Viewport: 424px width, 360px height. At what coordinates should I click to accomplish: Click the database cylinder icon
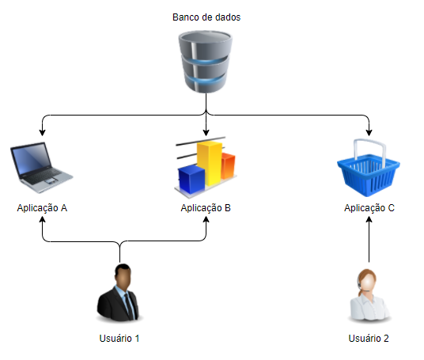206,62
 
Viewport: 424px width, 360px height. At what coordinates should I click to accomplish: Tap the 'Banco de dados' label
206,17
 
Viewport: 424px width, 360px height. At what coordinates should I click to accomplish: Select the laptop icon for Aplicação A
41,168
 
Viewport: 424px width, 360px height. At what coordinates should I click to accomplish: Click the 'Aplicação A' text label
42,208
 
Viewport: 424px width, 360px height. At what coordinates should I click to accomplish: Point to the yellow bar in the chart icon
210,163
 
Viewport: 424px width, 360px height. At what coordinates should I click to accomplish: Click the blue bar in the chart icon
191,179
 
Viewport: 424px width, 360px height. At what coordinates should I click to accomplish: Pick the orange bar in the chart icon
228,166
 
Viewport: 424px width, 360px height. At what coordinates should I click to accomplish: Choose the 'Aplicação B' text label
206,208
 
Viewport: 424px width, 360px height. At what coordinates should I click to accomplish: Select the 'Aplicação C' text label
369,208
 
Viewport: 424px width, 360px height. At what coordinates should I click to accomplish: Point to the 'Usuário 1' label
119,339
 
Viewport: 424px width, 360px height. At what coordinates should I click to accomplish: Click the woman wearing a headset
369,295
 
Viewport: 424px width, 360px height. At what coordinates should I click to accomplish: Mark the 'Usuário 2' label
369,339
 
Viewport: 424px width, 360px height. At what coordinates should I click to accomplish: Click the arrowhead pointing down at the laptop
42,132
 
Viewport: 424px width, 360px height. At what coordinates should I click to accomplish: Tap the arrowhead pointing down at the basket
369,132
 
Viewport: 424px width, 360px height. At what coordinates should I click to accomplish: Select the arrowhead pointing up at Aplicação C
369,220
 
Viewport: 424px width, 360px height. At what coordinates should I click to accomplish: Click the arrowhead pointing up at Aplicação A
42,220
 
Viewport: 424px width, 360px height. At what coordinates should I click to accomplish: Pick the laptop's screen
32,158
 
